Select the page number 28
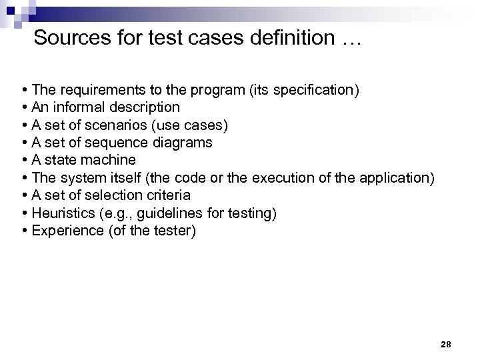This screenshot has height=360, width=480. pyautogui.click(x=446, y=344)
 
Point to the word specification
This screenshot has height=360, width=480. pyautogui.click(x=312, y=89)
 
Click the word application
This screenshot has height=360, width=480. pyautogui.click(x=396, y=178)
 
